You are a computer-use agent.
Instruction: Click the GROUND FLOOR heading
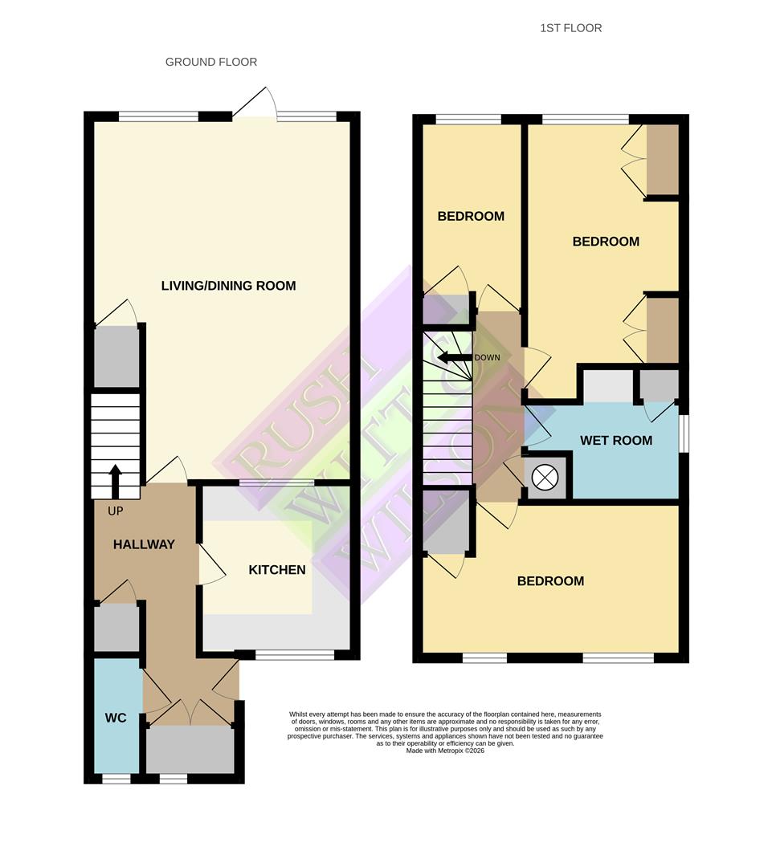tap(211, 62)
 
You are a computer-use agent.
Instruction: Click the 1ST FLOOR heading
tap(571, 28)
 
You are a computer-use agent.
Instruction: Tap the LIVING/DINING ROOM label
tap(228, 286)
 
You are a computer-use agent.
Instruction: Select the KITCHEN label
tap(276, 570)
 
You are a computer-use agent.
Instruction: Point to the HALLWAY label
tap(144, 544)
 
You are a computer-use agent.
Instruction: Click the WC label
tap(116, 718)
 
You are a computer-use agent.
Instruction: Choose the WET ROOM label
tap(616, 440)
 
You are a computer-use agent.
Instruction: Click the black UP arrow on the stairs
tap(115, 480)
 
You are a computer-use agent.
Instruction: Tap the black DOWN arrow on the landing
tap(454, 358)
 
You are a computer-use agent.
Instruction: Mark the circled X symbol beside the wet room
tap(545, 477)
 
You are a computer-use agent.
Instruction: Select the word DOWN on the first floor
tap(487, 358)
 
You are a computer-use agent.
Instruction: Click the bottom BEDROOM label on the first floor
tap(550, 581)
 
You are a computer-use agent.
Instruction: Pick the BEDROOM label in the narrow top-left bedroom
tap(471, 216)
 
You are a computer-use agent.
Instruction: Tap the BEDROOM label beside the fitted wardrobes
tap(606, 242)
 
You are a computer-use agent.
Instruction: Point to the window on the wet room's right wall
tap(683, 433)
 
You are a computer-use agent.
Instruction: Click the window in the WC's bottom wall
tap(116, 778)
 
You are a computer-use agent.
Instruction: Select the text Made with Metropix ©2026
tap(445, 751)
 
